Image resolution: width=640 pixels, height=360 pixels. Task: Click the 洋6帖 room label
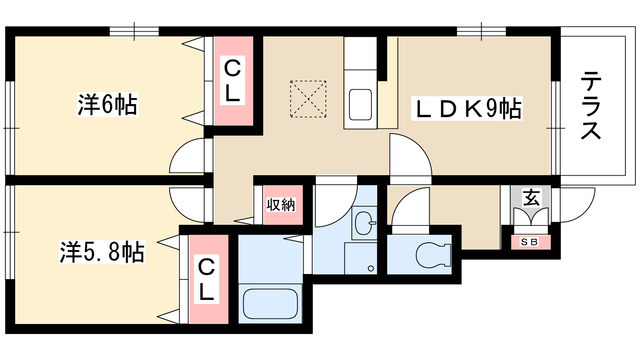[x=107, y=104]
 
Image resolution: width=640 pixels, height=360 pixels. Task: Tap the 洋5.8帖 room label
[x=102, y=251]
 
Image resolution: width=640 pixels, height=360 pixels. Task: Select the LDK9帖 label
[x=468, y=109]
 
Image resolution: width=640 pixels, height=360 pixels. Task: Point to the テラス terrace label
[x=591, y=105]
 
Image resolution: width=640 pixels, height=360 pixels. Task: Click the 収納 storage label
[x=281, y=204]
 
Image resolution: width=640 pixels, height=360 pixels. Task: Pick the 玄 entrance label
[x=531, y=198]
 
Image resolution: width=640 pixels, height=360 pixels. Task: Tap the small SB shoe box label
[x=529, y=242]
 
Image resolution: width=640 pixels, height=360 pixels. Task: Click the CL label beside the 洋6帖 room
[x=232, y=82]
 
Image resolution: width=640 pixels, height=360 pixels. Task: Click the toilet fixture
[x=433, y=254]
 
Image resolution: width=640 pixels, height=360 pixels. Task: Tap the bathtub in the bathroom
[x=270, y=303]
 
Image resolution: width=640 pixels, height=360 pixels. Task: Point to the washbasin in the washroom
[x=364, y=223]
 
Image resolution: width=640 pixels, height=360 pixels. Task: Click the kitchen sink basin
[x=360, y=104]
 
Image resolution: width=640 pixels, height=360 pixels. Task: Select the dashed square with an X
[x=308, y=99]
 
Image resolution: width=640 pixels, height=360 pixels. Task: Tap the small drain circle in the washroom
[x=371, y=268]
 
